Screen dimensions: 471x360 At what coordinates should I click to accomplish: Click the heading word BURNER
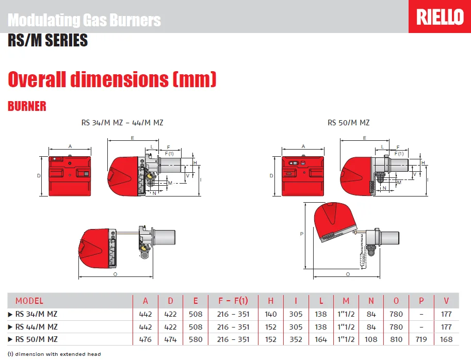27,106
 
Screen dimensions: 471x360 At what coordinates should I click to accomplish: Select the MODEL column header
29,301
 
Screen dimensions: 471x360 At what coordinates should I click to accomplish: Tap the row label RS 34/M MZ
36,314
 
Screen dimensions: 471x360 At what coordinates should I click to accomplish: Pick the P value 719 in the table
421,339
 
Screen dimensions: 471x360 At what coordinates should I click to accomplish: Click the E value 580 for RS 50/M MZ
196,339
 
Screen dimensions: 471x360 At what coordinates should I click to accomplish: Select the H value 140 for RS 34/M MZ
270,314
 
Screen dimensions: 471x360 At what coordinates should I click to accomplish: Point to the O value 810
396,339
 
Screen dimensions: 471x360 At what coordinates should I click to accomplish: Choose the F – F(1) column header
233,301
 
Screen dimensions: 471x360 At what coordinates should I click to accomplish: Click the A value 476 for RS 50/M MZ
145,339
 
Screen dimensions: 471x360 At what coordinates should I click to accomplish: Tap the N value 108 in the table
371,339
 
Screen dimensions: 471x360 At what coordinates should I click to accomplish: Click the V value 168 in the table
447,339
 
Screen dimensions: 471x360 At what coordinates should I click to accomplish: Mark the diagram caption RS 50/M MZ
348,123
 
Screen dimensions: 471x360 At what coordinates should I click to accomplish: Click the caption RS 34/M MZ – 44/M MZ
122,123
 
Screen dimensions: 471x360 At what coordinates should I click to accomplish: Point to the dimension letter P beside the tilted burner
301,234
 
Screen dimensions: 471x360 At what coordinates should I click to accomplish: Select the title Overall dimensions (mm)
112,79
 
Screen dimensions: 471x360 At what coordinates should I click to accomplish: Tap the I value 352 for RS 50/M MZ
296,339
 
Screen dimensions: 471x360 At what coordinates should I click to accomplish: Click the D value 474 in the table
171,339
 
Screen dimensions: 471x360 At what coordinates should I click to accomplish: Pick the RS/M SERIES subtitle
47,40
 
